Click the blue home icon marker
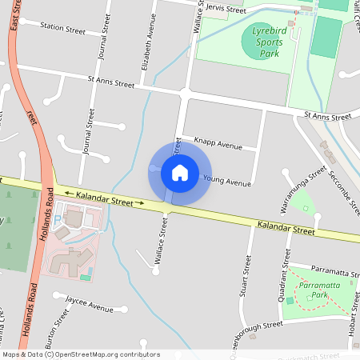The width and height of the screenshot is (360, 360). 180,173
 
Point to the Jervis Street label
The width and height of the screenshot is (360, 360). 225,10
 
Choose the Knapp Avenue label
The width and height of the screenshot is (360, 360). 218,145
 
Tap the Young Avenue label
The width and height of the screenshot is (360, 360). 227,181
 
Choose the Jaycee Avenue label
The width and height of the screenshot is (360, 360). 90,305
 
